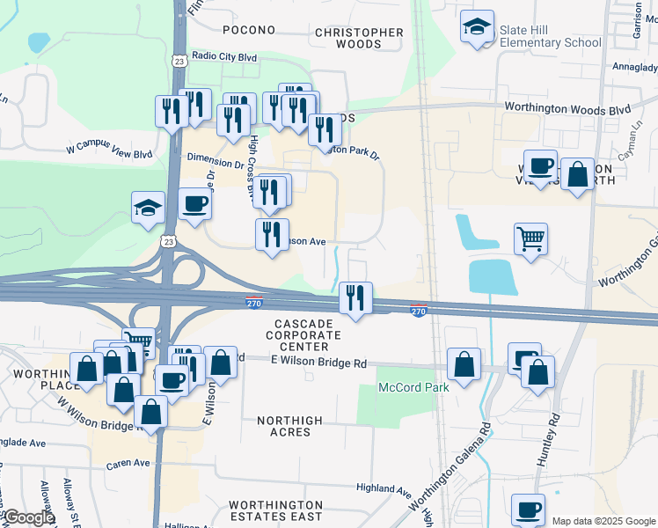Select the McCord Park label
pos(413,387)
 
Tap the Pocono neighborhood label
pos(249,30)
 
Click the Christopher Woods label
pos(359,38)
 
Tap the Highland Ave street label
pos(384,488)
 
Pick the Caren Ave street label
pos(129,462)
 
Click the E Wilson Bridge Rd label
pos(318,363)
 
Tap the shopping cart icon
pos(530,237)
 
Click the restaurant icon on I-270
pos(355,298)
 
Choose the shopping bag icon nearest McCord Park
pos(464,363)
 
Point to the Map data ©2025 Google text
pos(603,521)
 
